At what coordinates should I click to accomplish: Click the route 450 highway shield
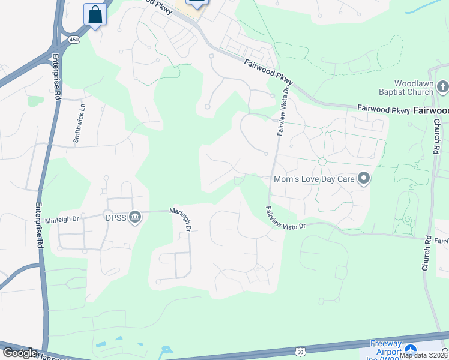[x=73, y=39]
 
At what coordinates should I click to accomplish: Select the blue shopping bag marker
[x=95, y=14]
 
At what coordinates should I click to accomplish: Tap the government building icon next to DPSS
[x=135, y=217]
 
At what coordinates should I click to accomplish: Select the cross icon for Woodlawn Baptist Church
[x=443, y=88]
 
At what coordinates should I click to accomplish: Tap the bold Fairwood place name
[x=431, y=110]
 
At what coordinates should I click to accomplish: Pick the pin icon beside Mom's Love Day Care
[x=363, y=178]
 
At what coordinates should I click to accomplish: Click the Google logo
[x=20, y=353]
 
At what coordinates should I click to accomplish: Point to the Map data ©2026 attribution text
[x=424, y=355]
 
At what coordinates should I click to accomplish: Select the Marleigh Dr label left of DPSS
[x=67, y=219]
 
